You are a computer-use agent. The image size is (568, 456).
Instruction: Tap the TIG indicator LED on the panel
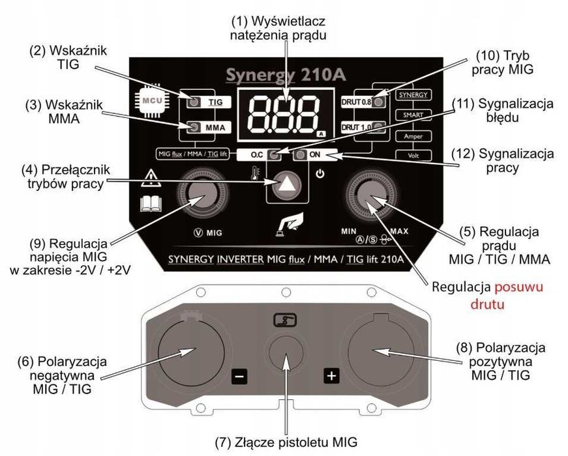click(x=194, y=102)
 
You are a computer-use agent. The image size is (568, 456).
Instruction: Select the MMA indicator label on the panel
click(x=215, y=128)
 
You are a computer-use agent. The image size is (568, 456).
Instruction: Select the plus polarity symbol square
click(x=331, y=376)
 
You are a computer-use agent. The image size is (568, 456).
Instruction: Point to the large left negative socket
click(x=185, y=352)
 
